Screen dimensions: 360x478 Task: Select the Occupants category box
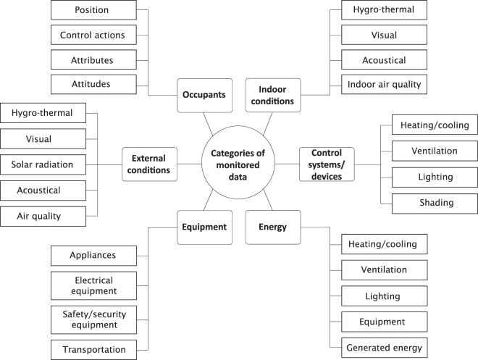pyautogui.click(x=204, y=96)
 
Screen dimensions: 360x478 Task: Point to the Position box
pyautogui.click(x=93, y=11)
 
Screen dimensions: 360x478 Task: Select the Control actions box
pyautogui.click(x=93, y=35)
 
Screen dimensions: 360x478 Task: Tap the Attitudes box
pyautogui.click(x=93, y=84)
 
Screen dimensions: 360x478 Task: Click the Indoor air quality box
pyautogui.click(x=385, y=84)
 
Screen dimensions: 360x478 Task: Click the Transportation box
pyautogui.click(x=93, y=348)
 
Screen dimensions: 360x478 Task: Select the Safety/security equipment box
pyautogui.click(x=93, y=317)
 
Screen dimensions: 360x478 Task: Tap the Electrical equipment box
pyautogui.click(x=93, y=285)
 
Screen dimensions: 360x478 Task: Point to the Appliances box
pyautogui.click(x=93, y=255)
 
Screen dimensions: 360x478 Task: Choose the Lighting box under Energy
pyautogui.click(x=382, y=296)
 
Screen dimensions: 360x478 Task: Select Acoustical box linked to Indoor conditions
pyautogui.click(x=385, y=60)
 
